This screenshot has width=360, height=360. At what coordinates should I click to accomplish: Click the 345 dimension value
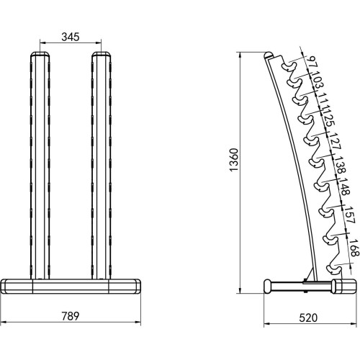click(x=71, y=37)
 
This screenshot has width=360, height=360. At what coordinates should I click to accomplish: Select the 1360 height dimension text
click(x=233, y=160)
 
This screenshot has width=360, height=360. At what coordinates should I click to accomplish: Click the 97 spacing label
click(x=312, y=63)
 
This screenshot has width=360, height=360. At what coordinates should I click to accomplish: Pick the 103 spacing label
click(x=318, y=80)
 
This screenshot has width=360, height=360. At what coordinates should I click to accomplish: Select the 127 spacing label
click(x=335, y=141)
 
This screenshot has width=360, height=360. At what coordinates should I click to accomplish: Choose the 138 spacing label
click(x=341, y=165)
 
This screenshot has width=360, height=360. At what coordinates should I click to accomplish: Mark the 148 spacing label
click(x=346, y=186)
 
